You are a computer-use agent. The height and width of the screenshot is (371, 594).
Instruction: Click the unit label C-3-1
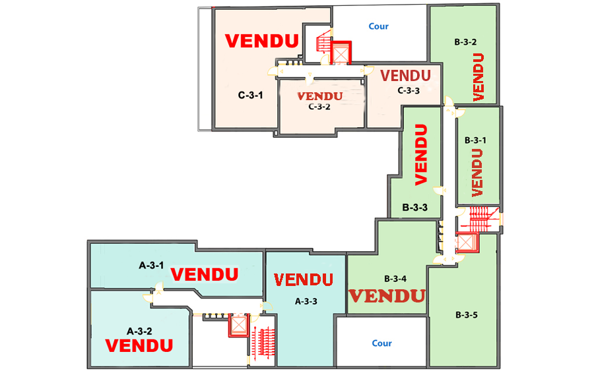(x=251, y=95)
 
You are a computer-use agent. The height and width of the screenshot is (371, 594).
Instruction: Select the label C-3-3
(x=409, y=91)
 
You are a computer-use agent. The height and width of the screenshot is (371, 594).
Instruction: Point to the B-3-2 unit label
(x=466, y=42)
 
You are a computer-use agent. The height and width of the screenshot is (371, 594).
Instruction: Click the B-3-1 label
(x=475, y=140)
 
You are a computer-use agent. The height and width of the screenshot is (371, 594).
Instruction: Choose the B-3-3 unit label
(x=415, y=208)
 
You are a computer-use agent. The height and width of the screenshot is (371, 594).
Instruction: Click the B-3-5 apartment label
(x=466, y=315)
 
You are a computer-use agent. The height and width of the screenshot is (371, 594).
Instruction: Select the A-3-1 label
(x=150, y=266)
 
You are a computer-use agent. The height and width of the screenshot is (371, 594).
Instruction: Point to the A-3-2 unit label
(x=139, y=331)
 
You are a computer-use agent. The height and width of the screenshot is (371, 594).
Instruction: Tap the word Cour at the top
(x=378, y=27)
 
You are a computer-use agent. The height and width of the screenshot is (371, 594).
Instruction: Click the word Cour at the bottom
(x=381, y=343)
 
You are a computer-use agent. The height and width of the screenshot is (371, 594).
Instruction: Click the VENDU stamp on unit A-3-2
(x=139, y=345)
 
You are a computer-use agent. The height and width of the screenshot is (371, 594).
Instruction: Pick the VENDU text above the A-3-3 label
(x=303, y=280)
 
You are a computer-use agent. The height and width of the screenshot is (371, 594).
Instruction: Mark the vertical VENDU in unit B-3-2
(x=479, y=76)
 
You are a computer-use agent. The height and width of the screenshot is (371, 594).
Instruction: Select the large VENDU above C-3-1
(x=261, y=41)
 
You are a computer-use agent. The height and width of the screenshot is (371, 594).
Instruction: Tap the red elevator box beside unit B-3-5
(x=466, y=244)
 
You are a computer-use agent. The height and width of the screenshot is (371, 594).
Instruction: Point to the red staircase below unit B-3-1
(x=480, y=219)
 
